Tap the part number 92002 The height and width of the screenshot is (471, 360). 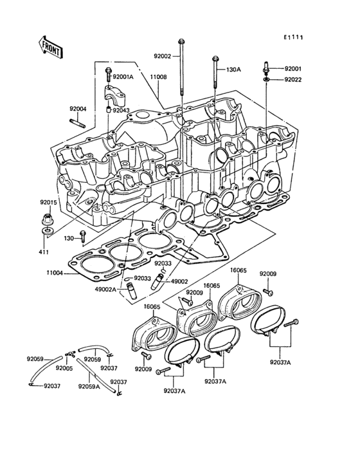coord(162,56)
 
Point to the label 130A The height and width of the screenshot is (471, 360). coord(233,69)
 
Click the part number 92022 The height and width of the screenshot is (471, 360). coord(292,80)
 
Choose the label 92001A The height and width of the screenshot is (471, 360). coord(123,77)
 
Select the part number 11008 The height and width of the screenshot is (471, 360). coord(159,77)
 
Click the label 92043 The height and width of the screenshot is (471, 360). coord(121,110)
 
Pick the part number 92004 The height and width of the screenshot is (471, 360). coord(78,109)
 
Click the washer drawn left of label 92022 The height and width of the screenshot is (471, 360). coord(265,80)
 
